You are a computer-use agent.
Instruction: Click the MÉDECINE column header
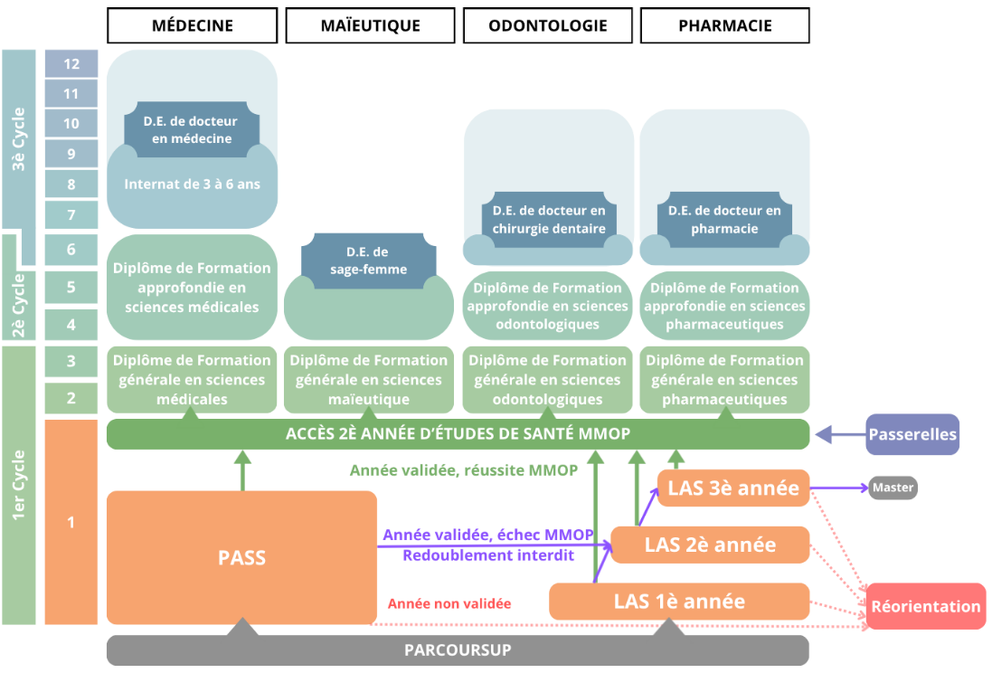pyautogui.click(x=192, y=25)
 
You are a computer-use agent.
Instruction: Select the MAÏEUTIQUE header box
pyautogui.click(x=370, y=25)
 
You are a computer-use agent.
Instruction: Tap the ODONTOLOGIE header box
pyautogui.click(x=547, y=25)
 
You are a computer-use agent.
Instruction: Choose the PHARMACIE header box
pyautogui.click(x=724, y=25)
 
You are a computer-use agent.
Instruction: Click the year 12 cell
pyautogui.click(x=71, y=63)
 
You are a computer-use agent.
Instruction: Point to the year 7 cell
pyautogui.click(x=71, y=215)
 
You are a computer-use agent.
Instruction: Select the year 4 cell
pyautogui.click(x=71, y=323)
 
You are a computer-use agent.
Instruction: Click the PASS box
pyautogui.click(x=241, y=557)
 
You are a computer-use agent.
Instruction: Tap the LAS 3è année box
pyautogui.click(x=732, y=488)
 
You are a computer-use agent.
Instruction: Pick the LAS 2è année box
pyautogui.click(x=710, y=545)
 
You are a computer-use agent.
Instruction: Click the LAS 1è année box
pyautogui.click(x=679, y=602)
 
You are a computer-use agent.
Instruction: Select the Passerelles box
pyautogui.click(x=912, y=434)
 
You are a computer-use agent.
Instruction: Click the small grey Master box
pyautogui.click(x=893, y=488)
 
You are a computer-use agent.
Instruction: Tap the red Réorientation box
pyautogui.click(x=925, y=606)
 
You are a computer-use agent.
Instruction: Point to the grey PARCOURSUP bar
pyautogui.click(x=458, y=650)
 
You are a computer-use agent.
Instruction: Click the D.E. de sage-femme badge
pyautogui.click(x=367, y=261)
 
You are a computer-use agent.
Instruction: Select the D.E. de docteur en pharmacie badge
pyautogui.click(x=724, y=219)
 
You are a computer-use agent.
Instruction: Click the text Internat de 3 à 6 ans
pyautogui.click(x=192, y=184)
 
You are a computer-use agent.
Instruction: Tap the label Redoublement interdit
pyautogui.click(x=487, y=555)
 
